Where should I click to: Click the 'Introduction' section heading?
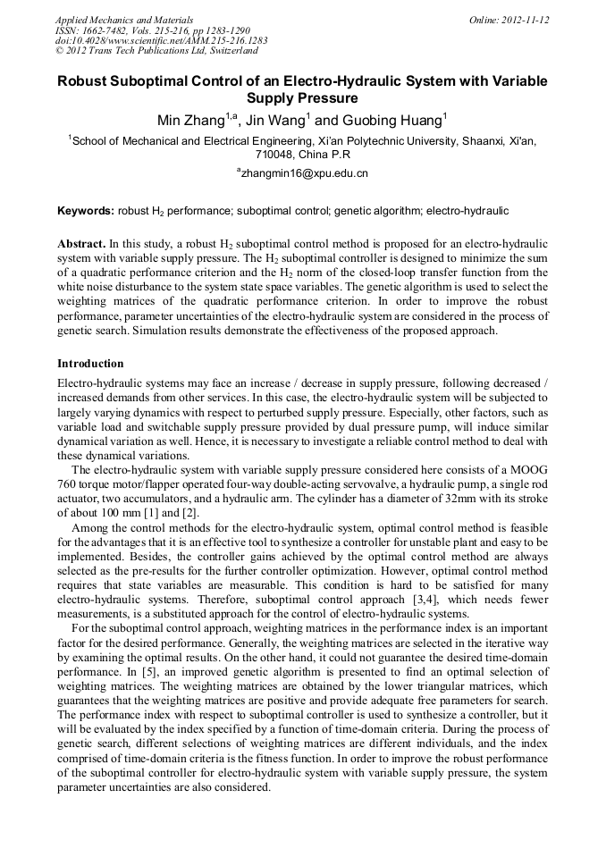pyautogui.click(x=90, y=364)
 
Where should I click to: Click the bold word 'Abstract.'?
pyautogui.click(x=81, y=243)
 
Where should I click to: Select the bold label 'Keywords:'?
pyautogui.click(x=86, y=211)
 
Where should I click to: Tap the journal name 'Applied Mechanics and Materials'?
pyautogui.click(x=124, y=20)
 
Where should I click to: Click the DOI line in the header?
pyautogui.click(x=161, y=41)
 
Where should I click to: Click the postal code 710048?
pyautogui.click(x=274, y=154)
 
